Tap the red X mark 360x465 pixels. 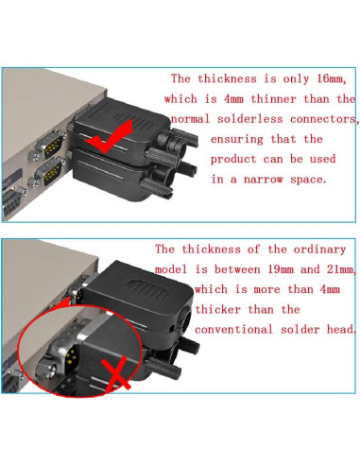pyautogui.click(x=114, y=376)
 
